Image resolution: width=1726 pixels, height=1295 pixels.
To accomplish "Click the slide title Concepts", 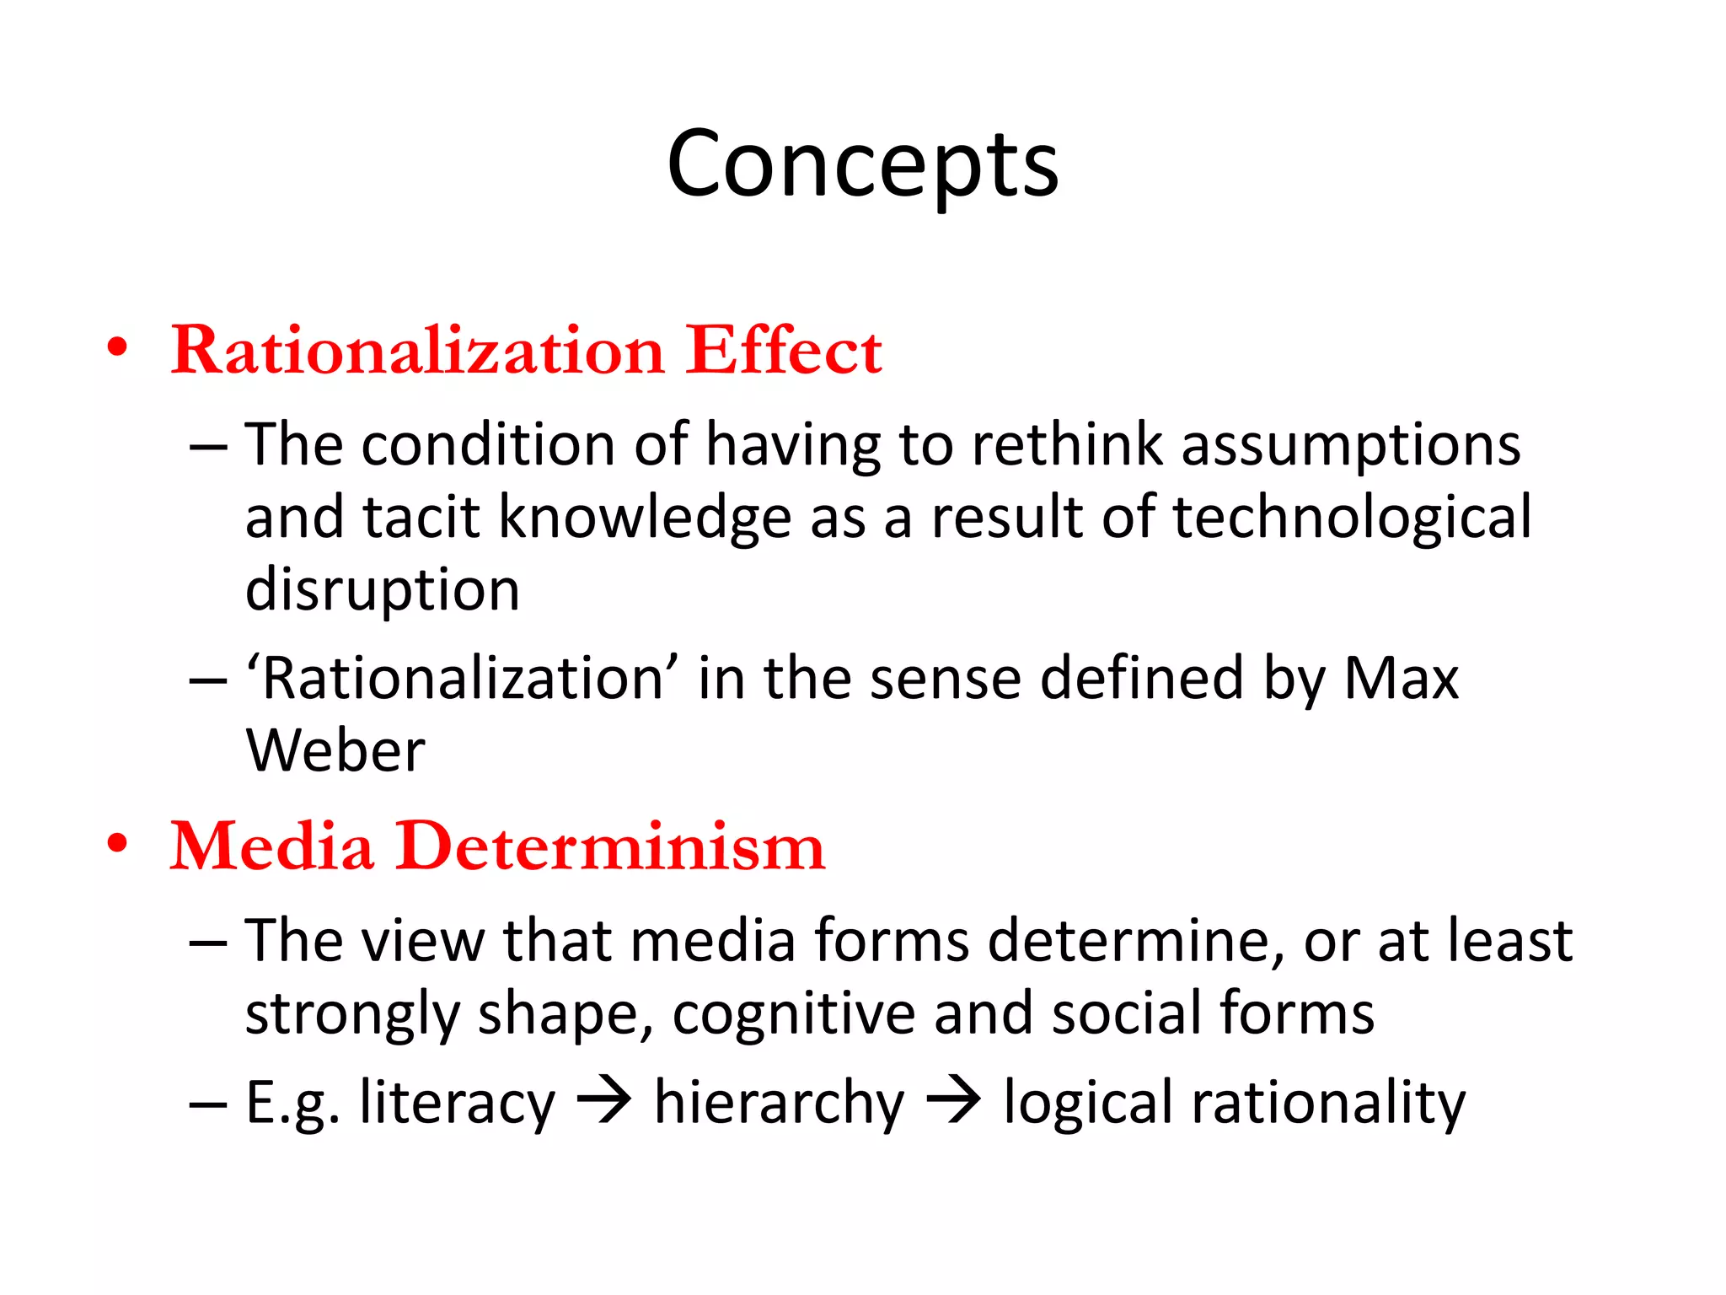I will (862, 164).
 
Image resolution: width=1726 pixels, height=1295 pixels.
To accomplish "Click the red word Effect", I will (783, 350).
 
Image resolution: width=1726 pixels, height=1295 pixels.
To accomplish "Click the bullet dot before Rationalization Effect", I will (117, 347).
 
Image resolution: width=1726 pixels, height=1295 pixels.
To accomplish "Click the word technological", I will (1352, 517).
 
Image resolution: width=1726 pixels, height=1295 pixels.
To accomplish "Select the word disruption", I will (382, 590).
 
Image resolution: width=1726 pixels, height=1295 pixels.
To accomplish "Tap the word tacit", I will (421, 517).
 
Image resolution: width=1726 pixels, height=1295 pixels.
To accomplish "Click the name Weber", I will (335, 750).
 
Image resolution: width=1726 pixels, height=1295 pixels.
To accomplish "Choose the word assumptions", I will (1350, 445).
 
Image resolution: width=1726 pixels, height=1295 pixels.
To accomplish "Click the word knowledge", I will (645, 517).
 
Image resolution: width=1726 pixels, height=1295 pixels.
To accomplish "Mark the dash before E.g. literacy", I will (208, 1104).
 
